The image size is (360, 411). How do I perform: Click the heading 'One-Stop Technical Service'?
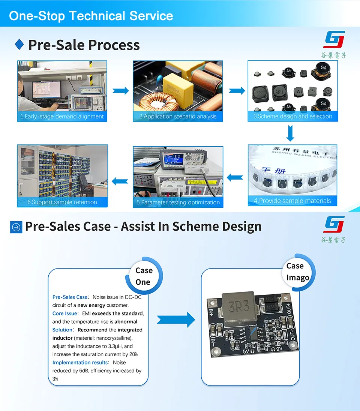(x=91, y=16)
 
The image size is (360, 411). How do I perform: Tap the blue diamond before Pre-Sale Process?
(x=19, y=45)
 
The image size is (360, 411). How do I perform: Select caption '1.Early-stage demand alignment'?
(x=62, y=116)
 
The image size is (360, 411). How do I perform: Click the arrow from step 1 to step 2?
(x=120, y=90)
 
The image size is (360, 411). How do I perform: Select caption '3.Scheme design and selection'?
(x=292, y=116)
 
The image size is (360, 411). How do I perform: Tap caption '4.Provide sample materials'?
(x=292, y=201)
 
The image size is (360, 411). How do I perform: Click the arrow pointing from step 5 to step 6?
(x=120, y=181)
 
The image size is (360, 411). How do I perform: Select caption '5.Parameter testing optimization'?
(x=178, y=202)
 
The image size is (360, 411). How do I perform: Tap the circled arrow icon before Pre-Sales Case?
(x=16, y=227)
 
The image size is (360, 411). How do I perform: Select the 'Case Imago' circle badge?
(x=298, y=272)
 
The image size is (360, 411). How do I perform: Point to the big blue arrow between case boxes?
(x=175, y=320)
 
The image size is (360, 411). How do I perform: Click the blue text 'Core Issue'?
(x=65, y=313)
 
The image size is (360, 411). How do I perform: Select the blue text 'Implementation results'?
(x=80, y=362)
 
